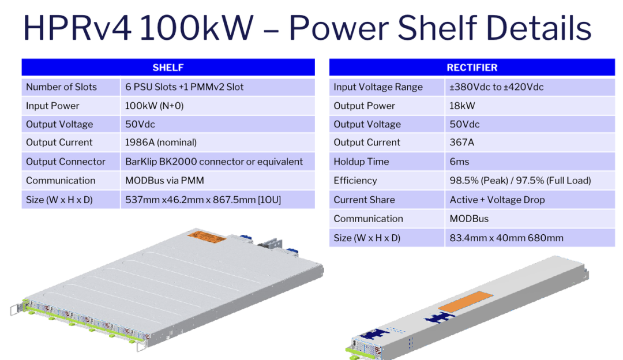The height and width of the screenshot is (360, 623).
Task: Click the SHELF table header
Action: point(168,67)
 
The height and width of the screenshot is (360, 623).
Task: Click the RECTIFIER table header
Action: point(472,67)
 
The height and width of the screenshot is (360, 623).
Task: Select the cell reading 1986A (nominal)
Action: point(217,142)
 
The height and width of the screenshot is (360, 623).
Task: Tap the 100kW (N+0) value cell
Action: point(217,106)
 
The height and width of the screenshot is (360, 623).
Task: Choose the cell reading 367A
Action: point(530,142)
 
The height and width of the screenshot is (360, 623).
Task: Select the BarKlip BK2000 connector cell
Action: point(217,162)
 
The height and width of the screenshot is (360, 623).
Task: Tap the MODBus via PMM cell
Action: point(217,181)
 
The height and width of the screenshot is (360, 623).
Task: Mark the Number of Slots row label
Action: point(71,87)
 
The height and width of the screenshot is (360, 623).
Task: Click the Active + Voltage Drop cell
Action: point(530,200)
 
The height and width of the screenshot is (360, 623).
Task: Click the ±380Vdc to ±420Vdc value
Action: point(530,87)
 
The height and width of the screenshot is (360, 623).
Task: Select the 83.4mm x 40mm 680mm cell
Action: point(530,238)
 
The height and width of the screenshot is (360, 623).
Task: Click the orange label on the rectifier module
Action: point(466,301)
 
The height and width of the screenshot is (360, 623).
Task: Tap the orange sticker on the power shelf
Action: point(207,237)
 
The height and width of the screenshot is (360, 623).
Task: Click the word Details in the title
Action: point(538,28)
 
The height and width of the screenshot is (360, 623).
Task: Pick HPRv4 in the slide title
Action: point(77,28)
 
